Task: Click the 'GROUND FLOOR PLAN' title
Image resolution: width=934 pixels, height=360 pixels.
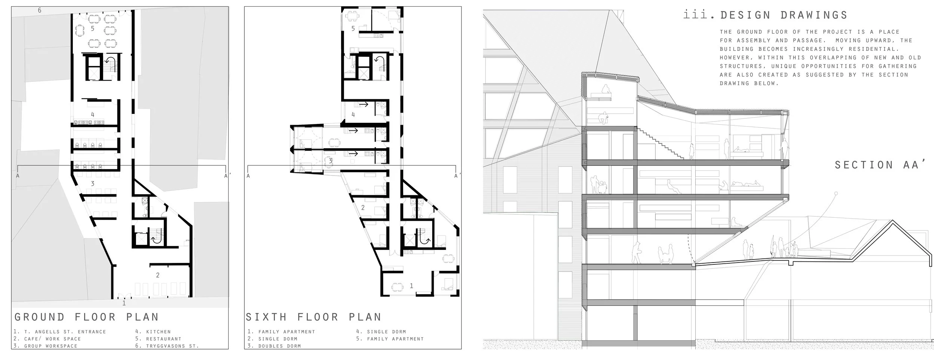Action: (x=87, y=317)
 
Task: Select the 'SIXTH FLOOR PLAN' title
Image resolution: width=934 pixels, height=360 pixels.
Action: (x=313, y=317)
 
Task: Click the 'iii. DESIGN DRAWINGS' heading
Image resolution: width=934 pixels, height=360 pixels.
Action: (x=765, y=15)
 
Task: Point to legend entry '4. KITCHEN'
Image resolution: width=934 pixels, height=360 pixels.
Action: (x=153, y=332)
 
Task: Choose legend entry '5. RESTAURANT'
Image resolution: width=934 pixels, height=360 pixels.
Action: (x=158, y=339)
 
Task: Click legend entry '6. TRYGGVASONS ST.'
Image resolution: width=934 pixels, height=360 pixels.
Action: (x=167, y=346)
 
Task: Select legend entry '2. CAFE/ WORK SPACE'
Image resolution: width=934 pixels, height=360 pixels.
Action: (x=47, y=339)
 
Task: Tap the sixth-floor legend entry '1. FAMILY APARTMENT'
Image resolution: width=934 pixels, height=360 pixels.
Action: (x=281, y=332)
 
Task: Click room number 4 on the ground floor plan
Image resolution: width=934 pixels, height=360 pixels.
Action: (x=93, y=115)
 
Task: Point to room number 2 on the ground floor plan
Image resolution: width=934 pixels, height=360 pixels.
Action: (x=158, y=275)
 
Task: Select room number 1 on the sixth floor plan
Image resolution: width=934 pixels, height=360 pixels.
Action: (x=411, y=286)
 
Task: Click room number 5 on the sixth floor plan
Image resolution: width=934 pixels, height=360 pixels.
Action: (x=353, y=28)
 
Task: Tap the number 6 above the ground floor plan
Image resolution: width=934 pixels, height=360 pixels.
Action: (x=40, y=10)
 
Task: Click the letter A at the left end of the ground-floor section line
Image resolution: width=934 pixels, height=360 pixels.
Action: (x=18, y=175)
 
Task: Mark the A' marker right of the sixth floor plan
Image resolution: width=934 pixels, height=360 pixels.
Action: (x=457, y=176)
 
